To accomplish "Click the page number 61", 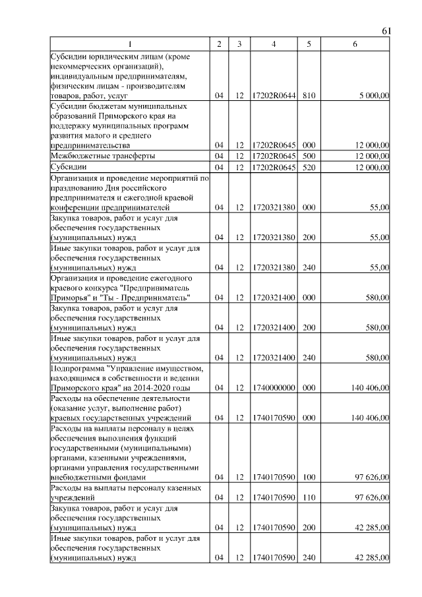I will pyautogui.click(x=386, y=31).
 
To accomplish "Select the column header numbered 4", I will pyautogui.click(x=274, y=44).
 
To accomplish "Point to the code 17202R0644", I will pyautogui.click(x=274, y=96).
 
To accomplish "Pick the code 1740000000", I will pyautogui.click(x=274, y=388).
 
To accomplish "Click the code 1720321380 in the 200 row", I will pyautogui.click(x=274, y=237).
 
